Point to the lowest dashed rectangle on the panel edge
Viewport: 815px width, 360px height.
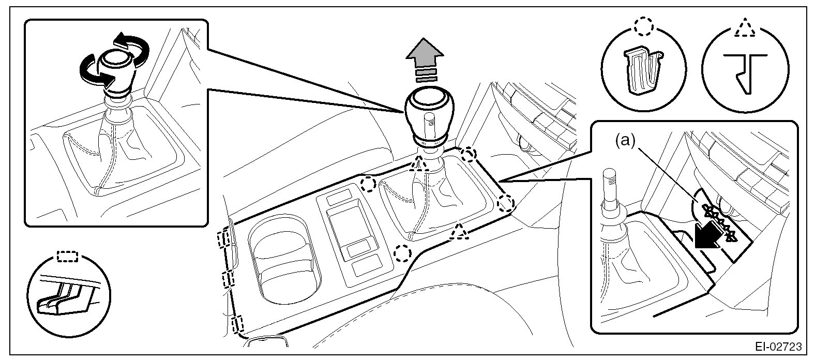pyautogui.click(x=238, y=325)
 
